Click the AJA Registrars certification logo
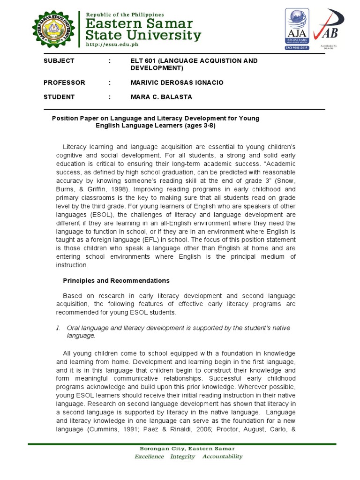click(x=298, y=30)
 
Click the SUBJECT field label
click(x=59, y=61)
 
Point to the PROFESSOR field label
click(x=64, y=82)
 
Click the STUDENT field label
click(x=59, y=97)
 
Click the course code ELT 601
click(x=144, y=61)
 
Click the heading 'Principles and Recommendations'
click(x=116, y=281)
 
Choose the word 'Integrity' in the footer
click(x=182, y=457)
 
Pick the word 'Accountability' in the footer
click(x=223, y=457)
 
